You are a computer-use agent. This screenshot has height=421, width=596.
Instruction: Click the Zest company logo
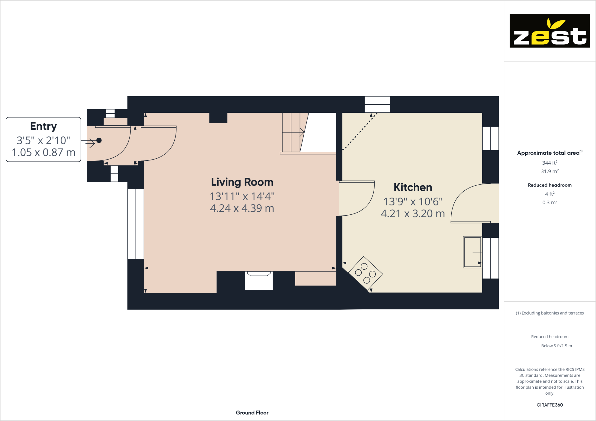coord(549,31)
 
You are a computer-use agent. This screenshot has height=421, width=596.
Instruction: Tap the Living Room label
coord(242,182)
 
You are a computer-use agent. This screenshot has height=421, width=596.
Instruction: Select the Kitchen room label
coord(413,187)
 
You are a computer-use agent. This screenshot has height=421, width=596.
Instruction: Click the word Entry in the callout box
coord(44,126)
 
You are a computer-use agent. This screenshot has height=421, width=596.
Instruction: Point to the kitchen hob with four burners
coord(365,273)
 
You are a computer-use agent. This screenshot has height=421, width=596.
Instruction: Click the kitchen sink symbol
coord(472,252)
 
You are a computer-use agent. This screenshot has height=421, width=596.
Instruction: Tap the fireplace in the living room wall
coord(259,280)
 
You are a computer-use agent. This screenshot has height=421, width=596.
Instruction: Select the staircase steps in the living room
coord(292,132)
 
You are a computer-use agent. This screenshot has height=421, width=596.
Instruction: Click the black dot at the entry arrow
coord(99,140)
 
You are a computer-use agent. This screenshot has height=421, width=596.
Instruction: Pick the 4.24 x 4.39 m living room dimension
coord(242,208)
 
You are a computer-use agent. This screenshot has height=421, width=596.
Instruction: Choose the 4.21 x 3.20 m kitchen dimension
coord(413,213)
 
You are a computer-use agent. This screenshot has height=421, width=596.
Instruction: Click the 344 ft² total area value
coord(549,163)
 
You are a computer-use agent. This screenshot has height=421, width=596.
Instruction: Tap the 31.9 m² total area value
coord(549,172)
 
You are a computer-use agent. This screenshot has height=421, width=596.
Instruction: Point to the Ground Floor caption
coord(252,413)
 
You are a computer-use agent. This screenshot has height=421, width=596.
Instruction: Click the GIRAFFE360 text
coord(549,405)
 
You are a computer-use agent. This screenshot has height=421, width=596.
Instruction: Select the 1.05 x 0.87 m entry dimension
coord(44,152)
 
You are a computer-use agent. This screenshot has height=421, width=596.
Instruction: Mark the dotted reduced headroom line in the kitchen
coord(359,132)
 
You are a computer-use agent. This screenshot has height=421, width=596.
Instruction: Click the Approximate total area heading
coord(549,153)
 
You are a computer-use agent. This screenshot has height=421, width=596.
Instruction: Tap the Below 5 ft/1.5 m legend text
coord(556,346)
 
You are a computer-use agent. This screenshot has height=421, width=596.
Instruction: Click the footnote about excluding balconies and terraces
coord(549,313)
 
